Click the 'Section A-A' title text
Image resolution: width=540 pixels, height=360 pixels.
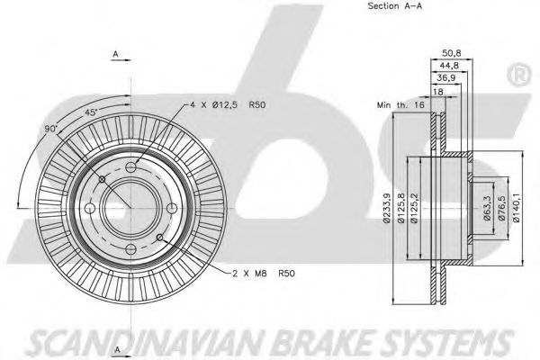395,6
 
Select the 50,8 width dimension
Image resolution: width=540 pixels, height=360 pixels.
452,53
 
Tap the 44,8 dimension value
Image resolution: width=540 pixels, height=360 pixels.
449,66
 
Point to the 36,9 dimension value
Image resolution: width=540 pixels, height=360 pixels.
446,78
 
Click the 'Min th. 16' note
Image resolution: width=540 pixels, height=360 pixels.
400,104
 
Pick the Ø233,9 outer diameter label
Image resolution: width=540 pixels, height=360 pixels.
387,208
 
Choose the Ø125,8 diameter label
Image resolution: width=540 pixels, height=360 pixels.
401,208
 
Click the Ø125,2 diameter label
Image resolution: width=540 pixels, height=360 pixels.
414,208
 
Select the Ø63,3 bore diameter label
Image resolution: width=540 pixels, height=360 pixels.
487,208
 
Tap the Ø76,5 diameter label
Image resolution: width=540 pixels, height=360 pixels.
501,208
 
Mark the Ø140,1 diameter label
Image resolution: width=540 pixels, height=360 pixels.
516,208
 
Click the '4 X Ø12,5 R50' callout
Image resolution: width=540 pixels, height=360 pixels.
228,104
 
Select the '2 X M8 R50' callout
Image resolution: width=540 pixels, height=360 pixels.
264,274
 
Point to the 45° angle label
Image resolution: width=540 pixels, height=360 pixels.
91,112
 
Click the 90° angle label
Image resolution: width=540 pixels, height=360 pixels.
50,129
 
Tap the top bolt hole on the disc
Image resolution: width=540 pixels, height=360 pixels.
130,167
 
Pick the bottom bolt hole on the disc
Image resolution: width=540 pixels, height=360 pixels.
130,248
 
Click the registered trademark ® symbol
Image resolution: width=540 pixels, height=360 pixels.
519,76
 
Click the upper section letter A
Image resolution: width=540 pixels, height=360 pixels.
116,54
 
